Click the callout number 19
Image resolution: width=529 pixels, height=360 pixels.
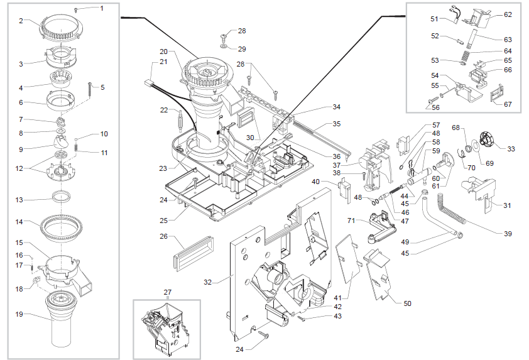coord(19,315)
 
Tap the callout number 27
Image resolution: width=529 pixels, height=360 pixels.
coord(167,292)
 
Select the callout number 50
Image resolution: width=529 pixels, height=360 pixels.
coord(407,303)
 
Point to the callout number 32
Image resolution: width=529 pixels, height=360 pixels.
coord(209,282)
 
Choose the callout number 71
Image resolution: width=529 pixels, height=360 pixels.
coord(352,221)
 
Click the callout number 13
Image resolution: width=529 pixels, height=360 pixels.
coord(19,199)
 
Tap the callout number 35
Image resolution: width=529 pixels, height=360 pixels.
coord(337,124)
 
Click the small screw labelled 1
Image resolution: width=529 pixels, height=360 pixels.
coord(75,10)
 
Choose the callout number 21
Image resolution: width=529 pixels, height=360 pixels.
coord(163,62)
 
